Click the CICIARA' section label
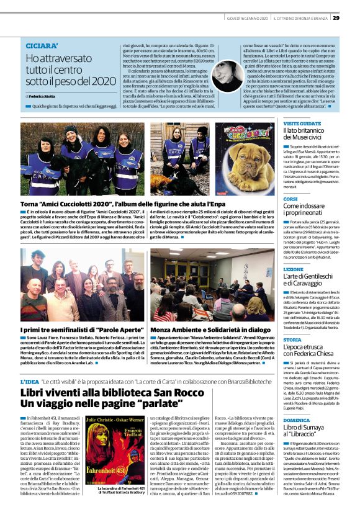click(x=41, y=46)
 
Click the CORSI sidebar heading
click(x=290, y=199)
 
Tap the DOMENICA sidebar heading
click(x=296, y=420)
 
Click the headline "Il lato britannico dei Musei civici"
click(x=310, y=137)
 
